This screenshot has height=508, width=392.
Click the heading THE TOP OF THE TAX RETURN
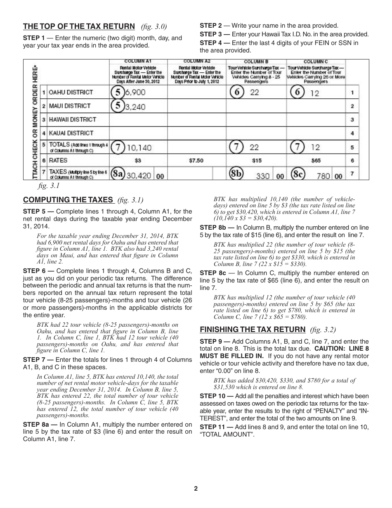click(x=79, y=26)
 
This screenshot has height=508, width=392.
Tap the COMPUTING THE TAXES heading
click(x=68, y=200)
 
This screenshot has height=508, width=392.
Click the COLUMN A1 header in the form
click(x=138, y=61)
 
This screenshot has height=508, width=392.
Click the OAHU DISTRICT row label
click(x=71, y=92)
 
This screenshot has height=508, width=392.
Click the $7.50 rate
click(x=196, y=160)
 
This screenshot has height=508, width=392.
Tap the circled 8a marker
click(x=117, y=174)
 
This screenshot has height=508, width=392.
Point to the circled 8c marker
click(x=298, y=174)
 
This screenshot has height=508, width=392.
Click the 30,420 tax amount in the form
click(x=139, y=176)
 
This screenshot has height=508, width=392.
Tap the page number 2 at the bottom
click(x=196, y=489)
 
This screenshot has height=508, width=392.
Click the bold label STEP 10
click(x=213, y=396)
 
